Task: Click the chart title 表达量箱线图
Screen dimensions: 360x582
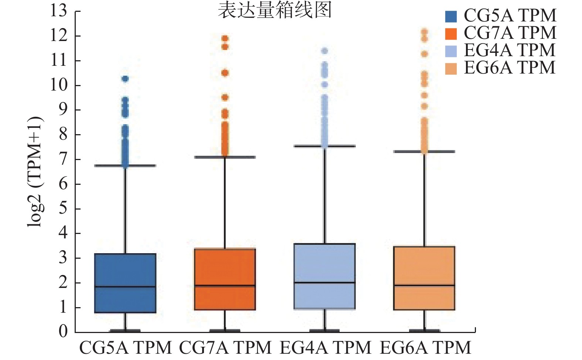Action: [x=275, y=10]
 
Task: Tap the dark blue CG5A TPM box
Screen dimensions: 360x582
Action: [x=125, y=283]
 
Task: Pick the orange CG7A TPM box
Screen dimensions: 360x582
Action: [x=225, y=279]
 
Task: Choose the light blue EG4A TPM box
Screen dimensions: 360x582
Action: [x=324, y=276]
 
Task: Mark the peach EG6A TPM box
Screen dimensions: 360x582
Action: [x=424, y=278]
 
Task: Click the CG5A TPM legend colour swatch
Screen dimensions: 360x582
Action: [x=451, y=16]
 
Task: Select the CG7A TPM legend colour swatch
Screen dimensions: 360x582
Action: [x=451, y=34]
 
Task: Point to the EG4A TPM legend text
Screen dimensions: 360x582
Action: [x=510, y=50]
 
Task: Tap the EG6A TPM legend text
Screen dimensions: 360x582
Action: [x=510, y=68]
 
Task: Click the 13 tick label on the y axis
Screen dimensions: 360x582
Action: [x=59, y=11]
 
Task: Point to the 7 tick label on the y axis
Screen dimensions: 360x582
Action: [x=64, y=159]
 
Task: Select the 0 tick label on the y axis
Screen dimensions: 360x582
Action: [x=64, y=332]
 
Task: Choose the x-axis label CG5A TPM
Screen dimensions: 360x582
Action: [x=126, y=348]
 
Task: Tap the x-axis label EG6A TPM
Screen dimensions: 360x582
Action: [x=425, y=348]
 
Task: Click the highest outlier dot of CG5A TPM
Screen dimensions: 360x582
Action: [x=125, y=79]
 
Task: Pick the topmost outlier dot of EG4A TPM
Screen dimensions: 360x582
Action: [x=325, y=51]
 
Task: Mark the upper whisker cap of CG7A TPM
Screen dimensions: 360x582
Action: [x=225, y=157]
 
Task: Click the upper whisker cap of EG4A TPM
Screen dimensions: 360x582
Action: [x=324, y=146]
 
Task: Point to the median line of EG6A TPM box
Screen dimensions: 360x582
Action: [x=424, y=285]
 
